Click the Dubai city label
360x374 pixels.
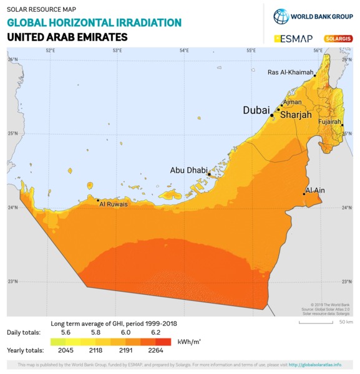(256, 110)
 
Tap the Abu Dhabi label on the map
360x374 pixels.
(188, 170)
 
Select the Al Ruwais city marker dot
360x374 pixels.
(98, 200)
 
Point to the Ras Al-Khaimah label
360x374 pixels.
(290, 72)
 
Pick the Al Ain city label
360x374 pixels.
(315, 189)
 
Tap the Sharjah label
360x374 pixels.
(296, 115)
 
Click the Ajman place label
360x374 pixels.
(292, 102)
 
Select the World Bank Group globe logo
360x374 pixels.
(281, 16)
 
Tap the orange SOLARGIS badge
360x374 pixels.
(337, 38)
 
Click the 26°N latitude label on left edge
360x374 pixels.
(12, 59)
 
